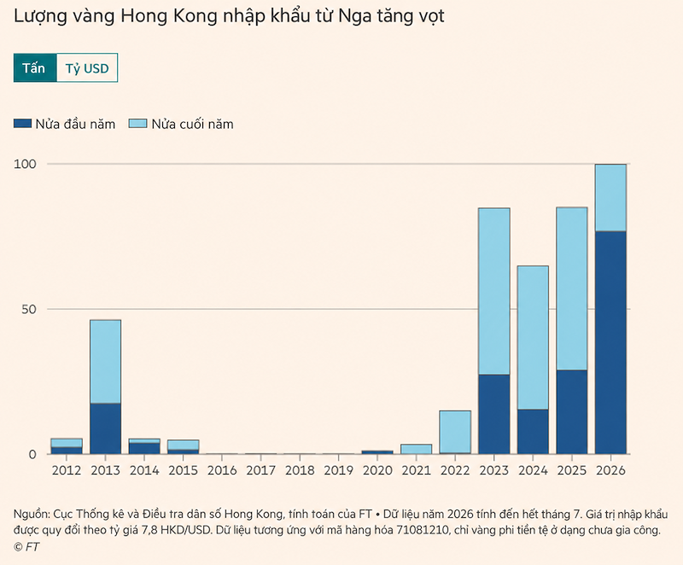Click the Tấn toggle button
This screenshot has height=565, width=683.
[x=35, y=68]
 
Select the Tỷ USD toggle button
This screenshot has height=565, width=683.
[x=87, y=68]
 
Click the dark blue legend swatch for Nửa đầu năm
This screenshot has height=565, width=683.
[x=22, y=124]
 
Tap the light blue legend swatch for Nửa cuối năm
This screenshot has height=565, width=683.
[x=137, y=124]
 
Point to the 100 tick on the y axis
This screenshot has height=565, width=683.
[x=25, y=164]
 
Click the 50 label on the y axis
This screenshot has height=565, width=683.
[x=29, y=310]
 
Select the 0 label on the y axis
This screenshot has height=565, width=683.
[x=32, y=454]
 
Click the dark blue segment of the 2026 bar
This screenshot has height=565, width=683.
[x=610, y=342]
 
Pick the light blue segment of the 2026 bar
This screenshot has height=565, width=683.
[x=610, y=198]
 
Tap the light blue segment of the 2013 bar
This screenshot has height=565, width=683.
[x=105, y=362]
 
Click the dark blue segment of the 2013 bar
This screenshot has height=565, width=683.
[x=105, y=428]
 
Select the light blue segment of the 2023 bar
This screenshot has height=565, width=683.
[x=494, y=291]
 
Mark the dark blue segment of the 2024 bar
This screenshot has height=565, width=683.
[x=533, y=432]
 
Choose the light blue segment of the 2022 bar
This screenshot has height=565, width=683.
[x=455, y=432]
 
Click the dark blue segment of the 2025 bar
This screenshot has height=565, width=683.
[x=571, y=412]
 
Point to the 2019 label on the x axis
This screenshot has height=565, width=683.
[x=338, y=470]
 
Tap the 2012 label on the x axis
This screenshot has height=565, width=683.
[x=67, y=470]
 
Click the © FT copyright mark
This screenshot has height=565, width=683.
[x=26, y=547]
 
